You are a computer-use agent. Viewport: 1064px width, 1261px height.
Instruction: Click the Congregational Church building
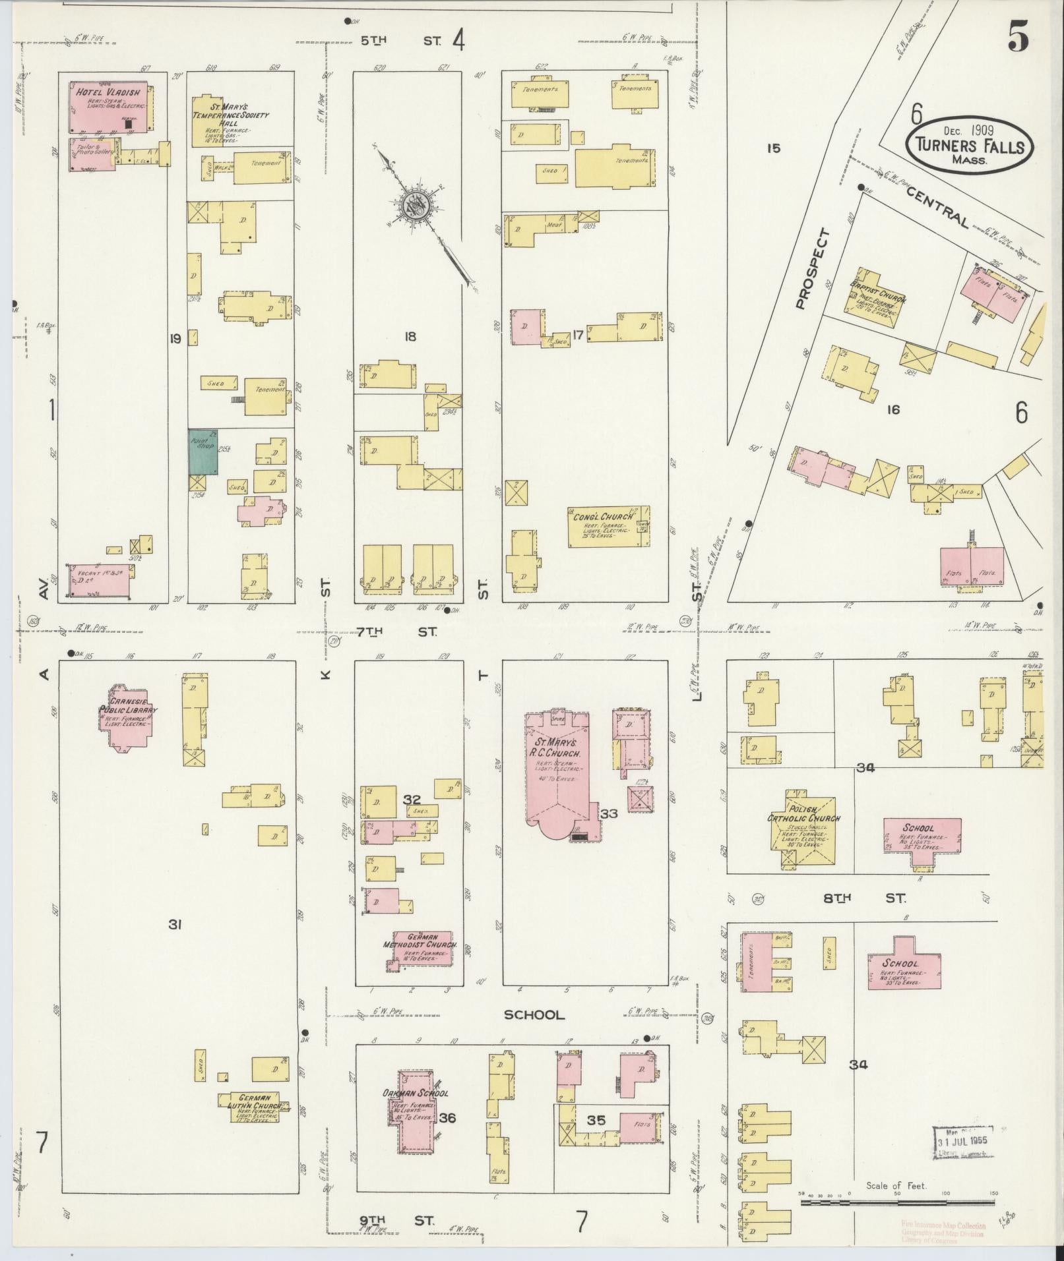(608, 526)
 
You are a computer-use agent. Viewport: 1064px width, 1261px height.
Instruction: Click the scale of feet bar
(897, 1202)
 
